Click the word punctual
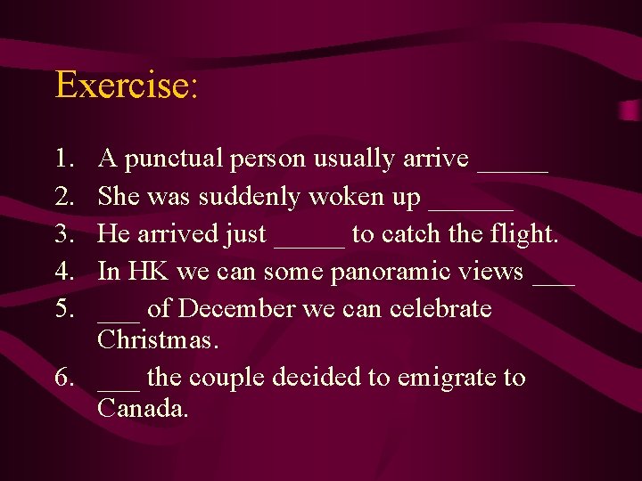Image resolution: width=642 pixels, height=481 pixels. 173,159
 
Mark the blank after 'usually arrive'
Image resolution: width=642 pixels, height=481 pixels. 513,167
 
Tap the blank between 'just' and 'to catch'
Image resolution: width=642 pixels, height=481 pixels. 309,242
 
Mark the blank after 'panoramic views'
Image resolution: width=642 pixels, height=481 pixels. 554,280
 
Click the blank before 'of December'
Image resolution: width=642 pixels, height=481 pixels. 119,317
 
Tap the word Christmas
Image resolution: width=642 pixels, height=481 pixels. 159,339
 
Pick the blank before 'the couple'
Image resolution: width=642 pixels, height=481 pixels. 119,386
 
